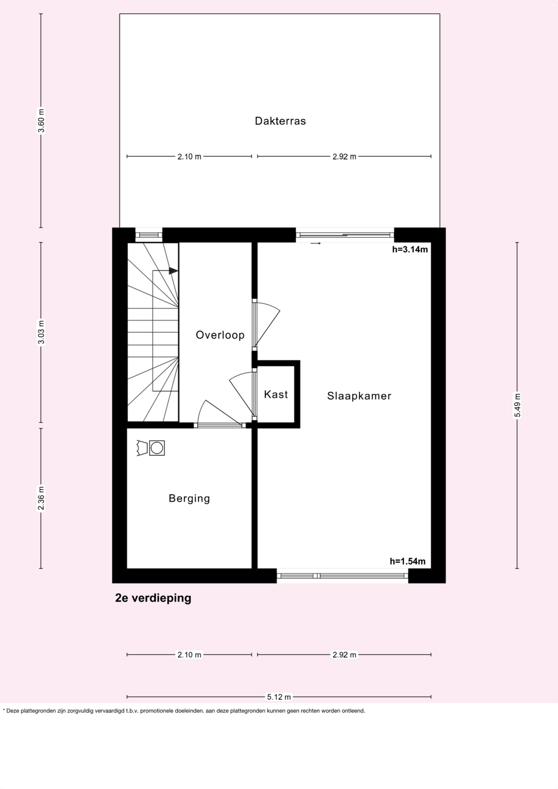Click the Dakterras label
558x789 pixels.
pyautogui.click(x=280, y=121)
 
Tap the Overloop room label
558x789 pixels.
pyautogui.click(x=220, y=335)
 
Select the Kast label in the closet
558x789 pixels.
pyautogui.click(x=276, y=394)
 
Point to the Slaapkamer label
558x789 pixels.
pyautogui.click(x=359, y=396)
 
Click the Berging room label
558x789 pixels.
pyautogui.click(x=189, y=499)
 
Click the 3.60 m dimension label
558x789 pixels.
pyautogui.click(x=41, y=121)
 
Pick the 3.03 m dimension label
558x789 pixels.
pyautogui.click(x=41, y=332)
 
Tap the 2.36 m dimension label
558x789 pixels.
pyautogui.click(x=41, y=498)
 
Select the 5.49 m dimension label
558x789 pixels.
pyautogui.click(x=517, y=405)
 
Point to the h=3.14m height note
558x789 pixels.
pyautogui.click(x=410, y=250)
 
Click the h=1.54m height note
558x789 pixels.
pyautogui.click(x=408, y=561)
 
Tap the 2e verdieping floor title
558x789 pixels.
pyautogui.click(x=153, y=598)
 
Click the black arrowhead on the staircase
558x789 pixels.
pyautogui.click(x=173, y=271)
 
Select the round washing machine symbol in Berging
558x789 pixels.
pyautogui.click(x=157, y=448)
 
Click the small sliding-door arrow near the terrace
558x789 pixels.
pyautogui.click(x=316, y=244)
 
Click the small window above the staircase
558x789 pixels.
pyautogui.click(x=149, y=235)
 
